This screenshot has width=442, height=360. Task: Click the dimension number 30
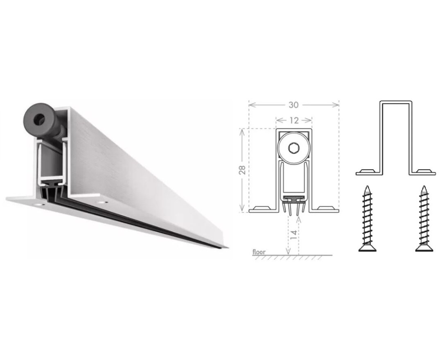293,105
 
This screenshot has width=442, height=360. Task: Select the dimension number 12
294,121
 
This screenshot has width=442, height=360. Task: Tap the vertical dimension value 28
242,170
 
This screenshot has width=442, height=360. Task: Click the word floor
259,252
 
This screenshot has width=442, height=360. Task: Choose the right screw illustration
424,218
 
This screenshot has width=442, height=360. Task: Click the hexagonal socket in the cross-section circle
294,148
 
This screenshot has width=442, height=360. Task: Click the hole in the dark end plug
38,119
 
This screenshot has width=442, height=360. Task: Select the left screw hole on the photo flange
39,204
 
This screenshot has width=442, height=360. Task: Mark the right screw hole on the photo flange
101,202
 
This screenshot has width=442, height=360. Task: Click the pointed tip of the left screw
367,186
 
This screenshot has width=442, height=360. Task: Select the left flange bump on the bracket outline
367,171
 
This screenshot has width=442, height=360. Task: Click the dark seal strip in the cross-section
294,200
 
